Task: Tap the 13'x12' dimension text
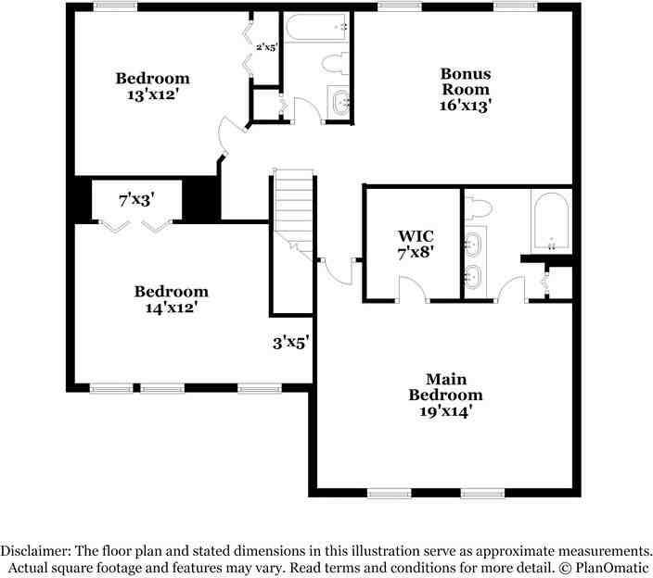click(x=152, y=94)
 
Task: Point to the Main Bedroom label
click(x=446, y=386)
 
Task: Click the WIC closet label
click(x=415, y=236)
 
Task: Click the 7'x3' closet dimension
click(x=135, y=198)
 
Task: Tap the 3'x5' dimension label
click(x=290, y=343)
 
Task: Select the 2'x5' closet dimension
click(x=267, y=47)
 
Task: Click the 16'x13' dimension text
click(x=465, y=106)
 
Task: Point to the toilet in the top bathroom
click(x=332, y=64)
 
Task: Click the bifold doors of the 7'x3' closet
click(x=135, y=225)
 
